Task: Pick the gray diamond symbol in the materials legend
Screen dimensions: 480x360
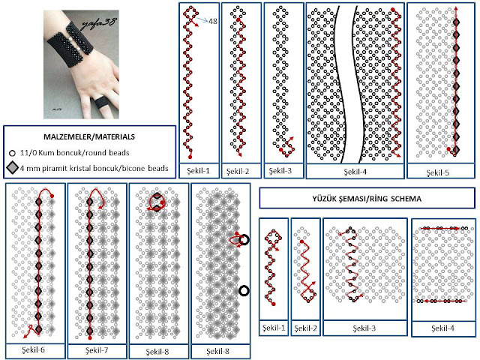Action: [x=13, y=167]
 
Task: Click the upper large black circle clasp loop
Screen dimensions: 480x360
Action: [x=244, y=240]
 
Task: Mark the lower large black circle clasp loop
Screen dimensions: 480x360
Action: [x=244, y=290]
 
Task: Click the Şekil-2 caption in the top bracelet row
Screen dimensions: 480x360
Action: [x=239, y=172]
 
